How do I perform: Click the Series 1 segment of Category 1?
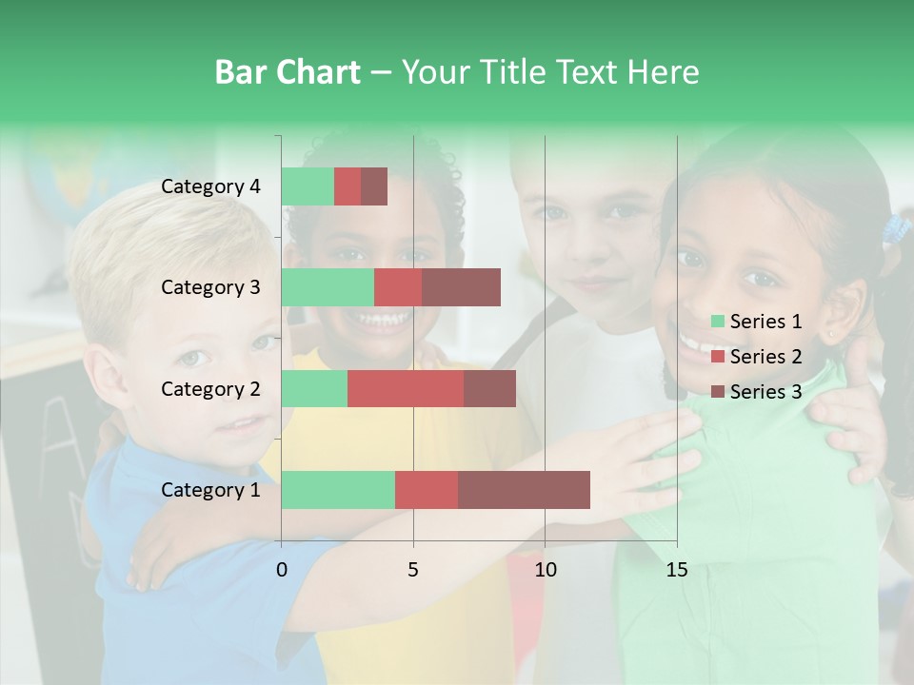(x=338, y=490)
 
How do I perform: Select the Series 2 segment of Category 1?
(x=427, y=490)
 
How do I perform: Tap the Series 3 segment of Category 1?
(x=524, y=490)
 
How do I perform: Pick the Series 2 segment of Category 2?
(x=406, y=388)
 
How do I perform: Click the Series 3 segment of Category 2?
(x=489, y=388)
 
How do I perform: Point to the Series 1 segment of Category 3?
(x=328, y=287)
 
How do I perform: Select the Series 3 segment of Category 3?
(x=461, y=287)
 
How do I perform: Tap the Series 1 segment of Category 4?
(x=308, y=186)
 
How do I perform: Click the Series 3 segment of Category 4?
(x=374, y=186)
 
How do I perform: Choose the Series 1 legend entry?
(x=757, y=322)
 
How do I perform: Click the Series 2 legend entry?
(x=757, y=357)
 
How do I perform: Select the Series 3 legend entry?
(x=757, y=392)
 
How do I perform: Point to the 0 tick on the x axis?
(x=282, y=570)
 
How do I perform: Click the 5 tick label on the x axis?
(x=413, y=570)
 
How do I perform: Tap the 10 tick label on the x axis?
(x=545, y=570)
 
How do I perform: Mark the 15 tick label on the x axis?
(x=676, y=570)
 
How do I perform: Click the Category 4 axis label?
(x=210, y=186)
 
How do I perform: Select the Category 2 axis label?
(x=210, y=388)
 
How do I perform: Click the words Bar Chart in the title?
(x=288, y=72)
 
